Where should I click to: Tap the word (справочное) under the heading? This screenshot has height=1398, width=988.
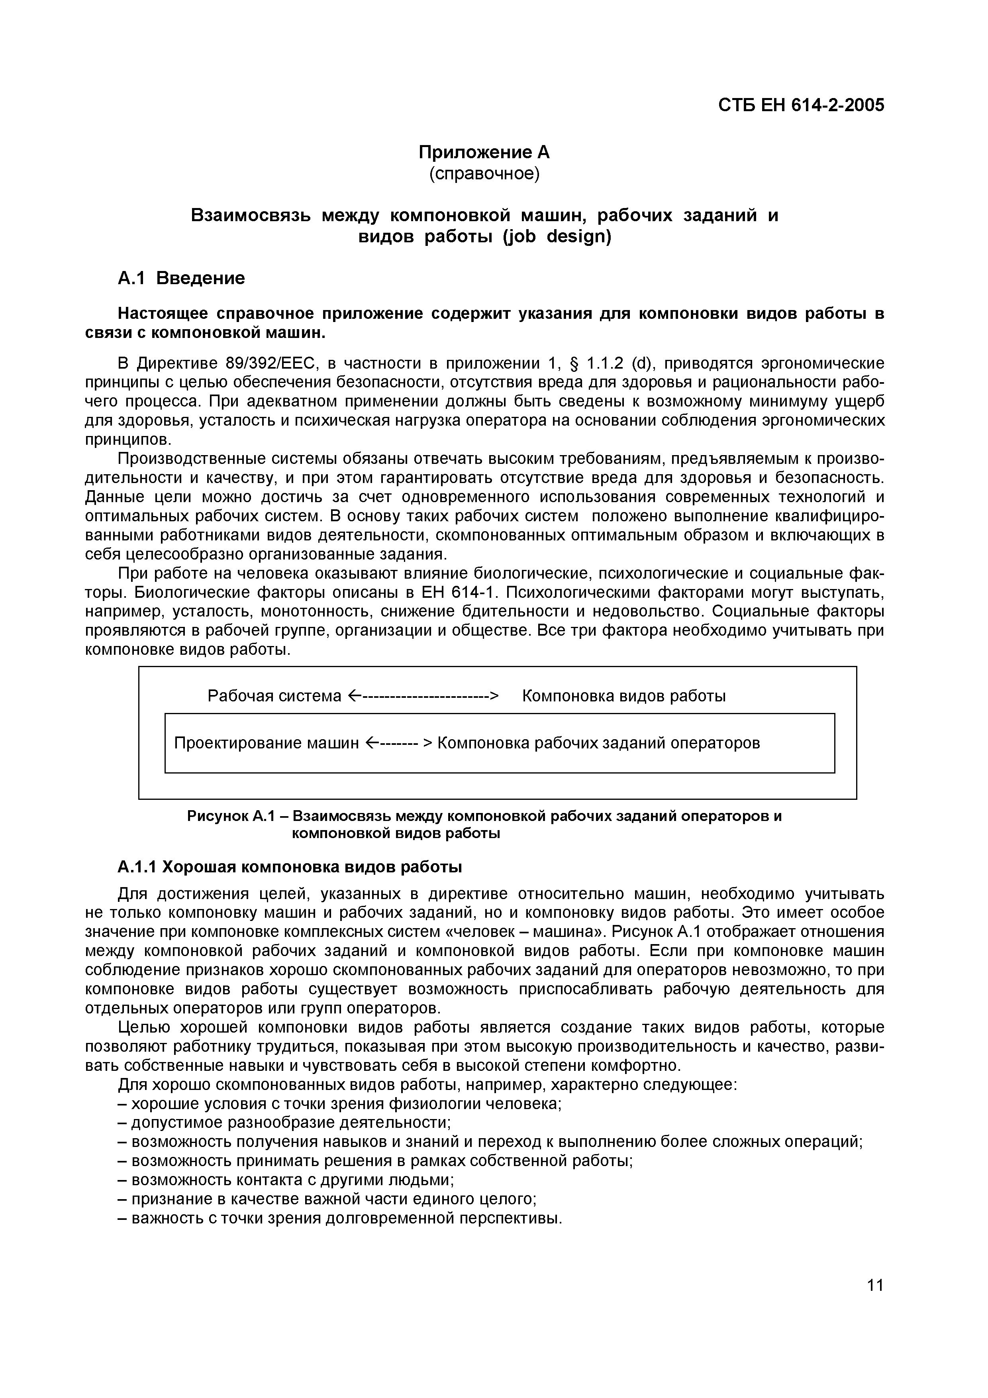484,174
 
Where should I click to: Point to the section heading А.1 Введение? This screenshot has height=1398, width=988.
181,278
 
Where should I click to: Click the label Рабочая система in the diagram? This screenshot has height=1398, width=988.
274,695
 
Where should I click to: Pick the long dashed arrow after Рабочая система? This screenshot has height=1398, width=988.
423,695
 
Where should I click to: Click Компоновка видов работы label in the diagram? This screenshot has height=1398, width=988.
623,695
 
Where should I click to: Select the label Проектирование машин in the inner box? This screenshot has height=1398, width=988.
267,743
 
